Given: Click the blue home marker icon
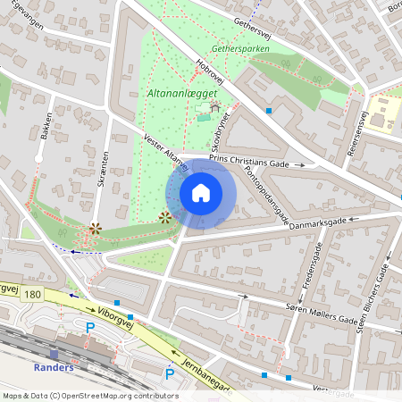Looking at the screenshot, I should tap(201, 193).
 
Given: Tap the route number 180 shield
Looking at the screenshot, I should tap(34, 294).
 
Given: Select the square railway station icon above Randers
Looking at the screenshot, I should tap(54, 354).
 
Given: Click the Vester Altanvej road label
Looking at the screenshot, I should tap(166, 155).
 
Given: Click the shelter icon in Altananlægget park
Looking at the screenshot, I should tap(214, 107).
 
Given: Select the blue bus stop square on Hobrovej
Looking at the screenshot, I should tap(269, 111).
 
